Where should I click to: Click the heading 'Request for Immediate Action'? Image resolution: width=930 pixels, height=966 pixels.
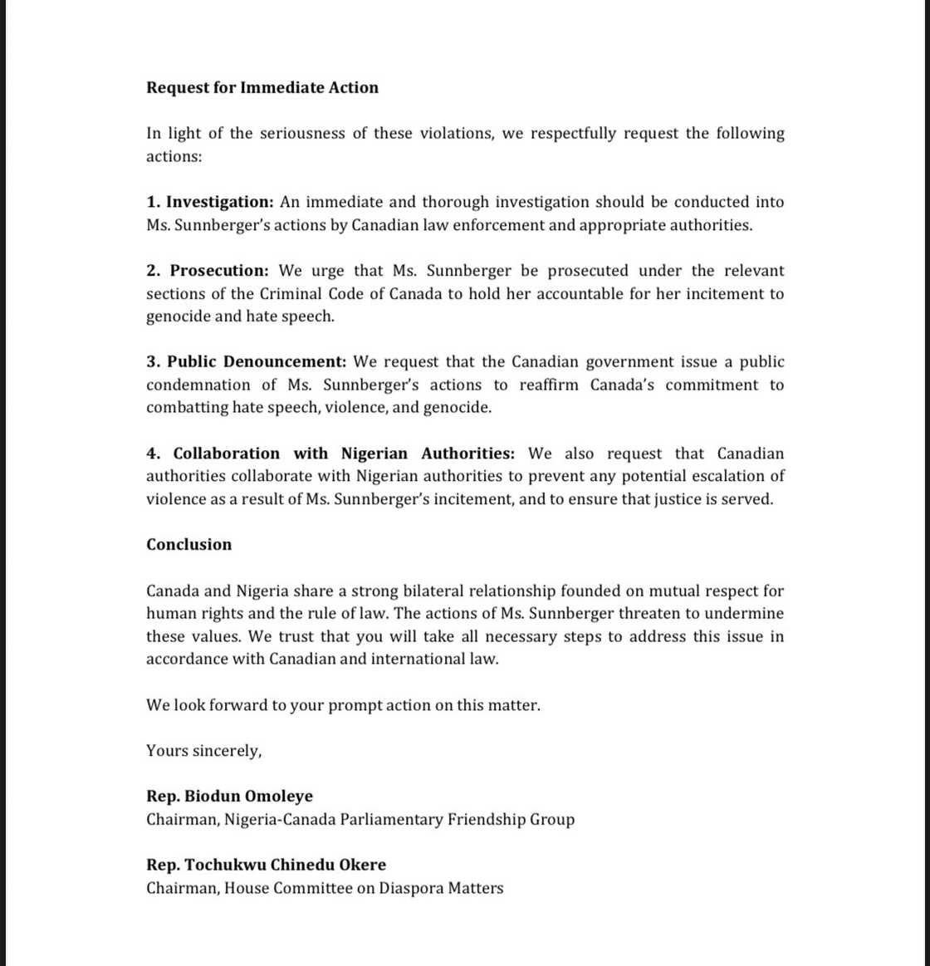pyautogui.click(x=262, y=88)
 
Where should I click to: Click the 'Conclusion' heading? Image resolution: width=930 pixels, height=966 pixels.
pyautogui.click(x=188, y=545)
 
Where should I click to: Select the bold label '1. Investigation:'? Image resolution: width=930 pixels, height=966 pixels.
pyautogui.click(x=210, y=202)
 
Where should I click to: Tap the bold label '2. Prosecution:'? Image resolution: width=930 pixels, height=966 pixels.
pyautogui.click(x=208, y=271)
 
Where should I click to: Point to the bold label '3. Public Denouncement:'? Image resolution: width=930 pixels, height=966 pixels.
pyautogui.click(x=247, y=362)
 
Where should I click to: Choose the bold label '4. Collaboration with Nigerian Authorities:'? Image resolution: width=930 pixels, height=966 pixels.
pyautogui.click(x=330, y=454)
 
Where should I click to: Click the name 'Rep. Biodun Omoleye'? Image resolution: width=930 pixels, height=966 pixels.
pyautogui.click(x=229, y=797)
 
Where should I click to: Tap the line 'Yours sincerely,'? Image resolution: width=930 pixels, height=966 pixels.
pyautogui.click(x=203, y=751)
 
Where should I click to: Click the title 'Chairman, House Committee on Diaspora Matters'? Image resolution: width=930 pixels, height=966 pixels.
pyautogui.click(x=325, y=888)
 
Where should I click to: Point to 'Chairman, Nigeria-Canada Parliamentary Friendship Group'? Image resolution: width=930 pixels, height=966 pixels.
pyautogui.click(x=360, y=820)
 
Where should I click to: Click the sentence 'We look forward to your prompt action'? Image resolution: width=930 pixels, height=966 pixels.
pyautogui.click(x=343, y=705)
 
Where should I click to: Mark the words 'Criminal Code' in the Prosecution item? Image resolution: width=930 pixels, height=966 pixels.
pyautogui.click(x=309, y=294)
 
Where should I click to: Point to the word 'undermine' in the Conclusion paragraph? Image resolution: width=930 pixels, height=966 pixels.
pyautogui.click(x=745, y=614)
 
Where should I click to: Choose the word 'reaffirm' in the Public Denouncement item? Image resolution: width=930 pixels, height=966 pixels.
pyautogui.click(x=549, y=385)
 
